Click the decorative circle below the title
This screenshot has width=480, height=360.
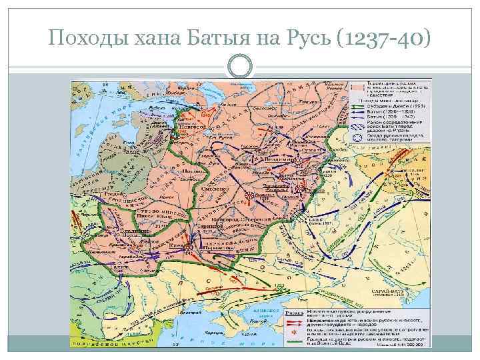240,65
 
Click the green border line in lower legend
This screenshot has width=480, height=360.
313,341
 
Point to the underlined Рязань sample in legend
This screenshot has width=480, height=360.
313,311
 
